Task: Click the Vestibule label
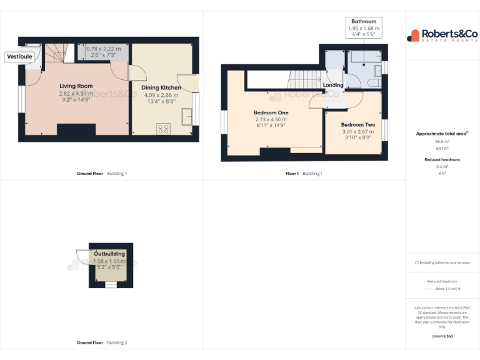pyautogui.click(x=19, y=56)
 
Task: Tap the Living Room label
pyautogui.click(x=76, y=86)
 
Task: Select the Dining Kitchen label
pyautogui.click(x=162, y=87)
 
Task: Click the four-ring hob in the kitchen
pyautogui.click(x=163, y=129)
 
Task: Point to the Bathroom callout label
pyautogui.click(x=364, y=21)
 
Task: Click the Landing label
pyautogui.click(x=332, y=85)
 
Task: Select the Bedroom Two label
pyautogui.click(x=357, y=124)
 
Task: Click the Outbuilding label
pyautogui.click(x=110, y=254)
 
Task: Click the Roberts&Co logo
pyautogui.click(x=442, y=36)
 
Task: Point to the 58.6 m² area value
pyautogui.click(x=442, y=142)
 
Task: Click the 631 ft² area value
pyautogui.click(x=442, y=149)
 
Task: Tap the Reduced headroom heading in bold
pyautogui.click(x=442, y=160)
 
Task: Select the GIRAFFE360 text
pyautogui.click(x=442, y=336)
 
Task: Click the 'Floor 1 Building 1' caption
pyautogui.click(x=304, y=173)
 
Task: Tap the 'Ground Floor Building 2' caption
pyautogui.click(x=102, y=342)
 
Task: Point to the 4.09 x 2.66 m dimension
pyautogui.click(x=162, y=96)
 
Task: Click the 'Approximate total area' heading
pyautogui.click(x=442, y=134)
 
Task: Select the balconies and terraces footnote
pyautogui.click(x=442, y=262)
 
